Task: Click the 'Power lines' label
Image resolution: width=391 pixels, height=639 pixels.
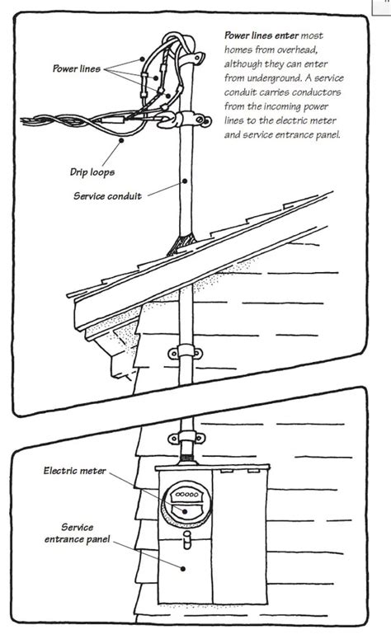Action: coord(77,70)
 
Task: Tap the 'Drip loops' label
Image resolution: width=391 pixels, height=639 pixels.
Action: coord(91,173)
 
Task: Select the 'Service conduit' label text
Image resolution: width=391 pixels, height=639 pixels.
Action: coord(109,196)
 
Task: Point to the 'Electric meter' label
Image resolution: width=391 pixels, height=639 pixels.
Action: coord(77,471)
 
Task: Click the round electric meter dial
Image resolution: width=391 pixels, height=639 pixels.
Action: coord(182,503)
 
